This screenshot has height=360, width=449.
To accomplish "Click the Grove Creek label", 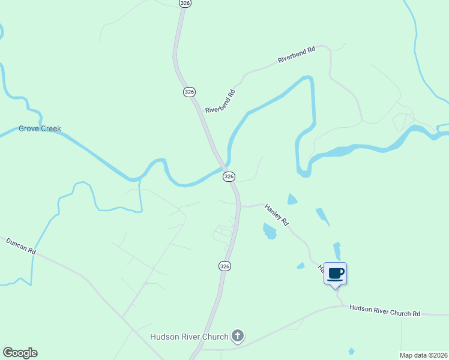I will click(x=40, y=128).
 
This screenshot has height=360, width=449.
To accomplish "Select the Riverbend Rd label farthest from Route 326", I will click(x=297, y=56).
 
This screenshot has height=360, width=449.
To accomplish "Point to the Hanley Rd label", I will click(x=277, y=214).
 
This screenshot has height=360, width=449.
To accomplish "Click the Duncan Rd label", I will click(x=21, y=246).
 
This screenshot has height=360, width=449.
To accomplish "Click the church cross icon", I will click(x=238, y=335).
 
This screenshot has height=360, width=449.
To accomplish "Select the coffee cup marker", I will click(x=336, y=274).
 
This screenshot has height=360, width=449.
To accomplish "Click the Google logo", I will click(x=20, y=353).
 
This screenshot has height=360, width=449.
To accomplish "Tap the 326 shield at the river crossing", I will click(x=229, y=176).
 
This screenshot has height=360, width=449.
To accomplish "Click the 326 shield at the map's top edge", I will click(x=185, y=3).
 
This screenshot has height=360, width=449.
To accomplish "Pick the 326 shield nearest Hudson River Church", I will click(x=224, y=266).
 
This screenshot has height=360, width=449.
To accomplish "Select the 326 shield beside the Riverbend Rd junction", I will click(x=189, y=92).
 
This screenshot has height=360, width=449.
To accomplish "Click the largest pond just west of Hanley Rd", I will click(x=270, y=230).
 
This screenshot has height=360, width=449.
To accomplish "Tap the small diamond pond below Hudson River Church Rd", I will click(x=351, y=351).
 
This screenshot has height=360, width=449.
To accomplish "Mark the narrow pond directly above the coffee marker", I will click(x=337, y=251).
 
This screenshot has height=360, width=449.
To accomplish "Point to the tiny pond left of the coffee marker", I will click(x=301, y=265).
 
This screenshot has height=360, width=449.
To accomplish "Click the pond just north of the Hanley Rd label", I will click(x=292, y=199).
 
